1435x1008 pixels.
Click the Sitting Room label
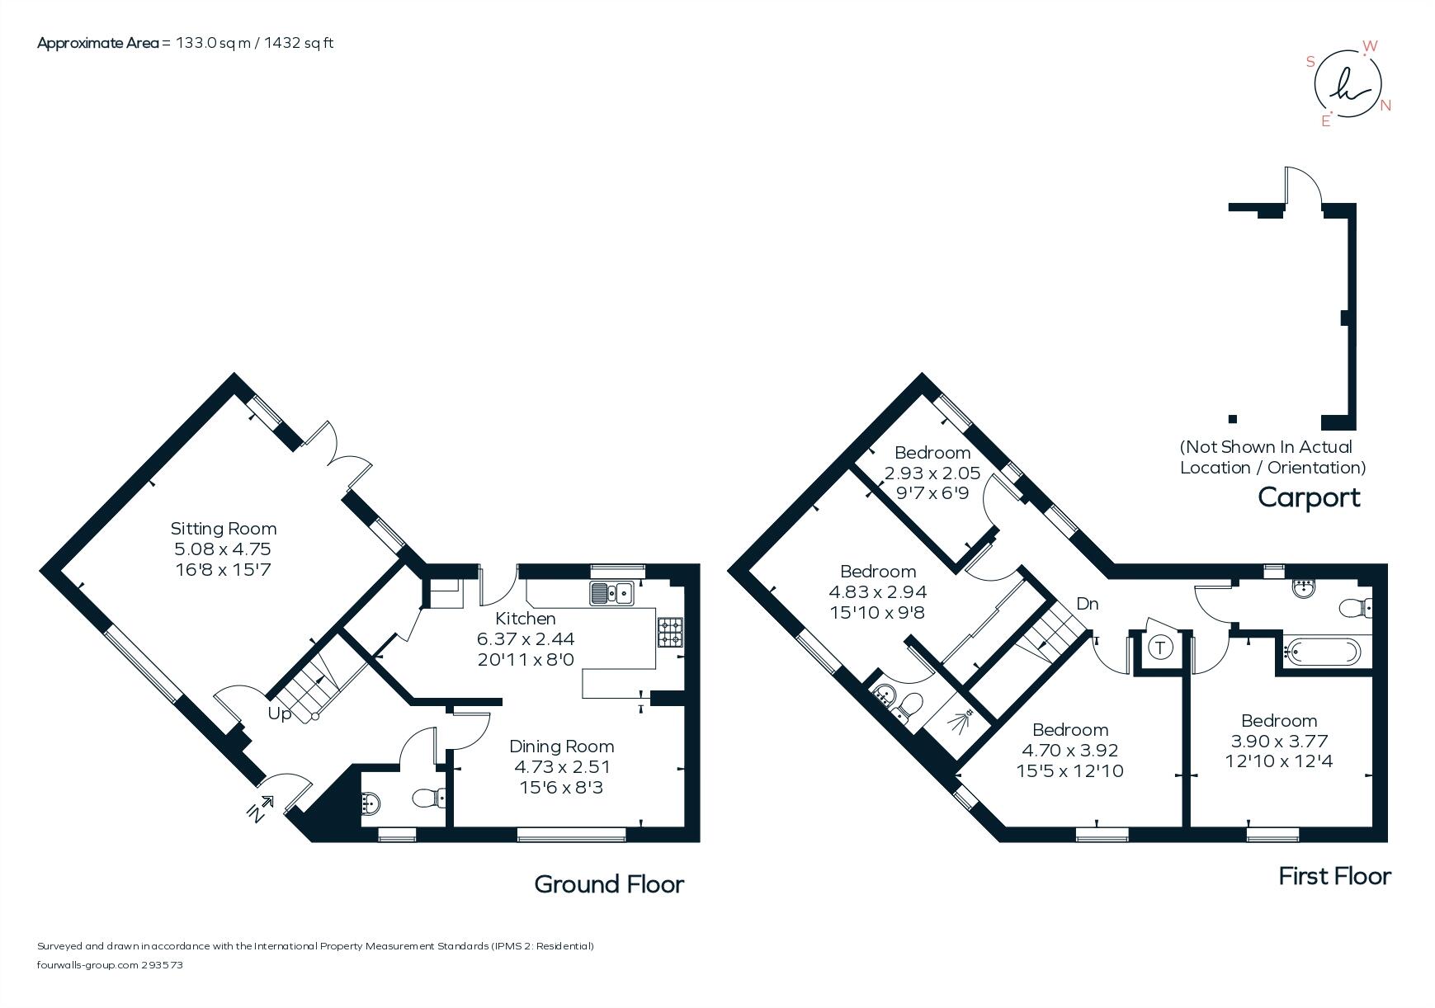coord(223,529)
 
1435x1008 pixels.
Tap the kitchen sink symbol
coord(611,593)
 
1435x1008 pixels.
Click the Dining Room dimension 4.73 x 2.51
coord(562,767)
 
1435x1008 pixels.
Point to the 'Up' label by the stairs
coord(279,714)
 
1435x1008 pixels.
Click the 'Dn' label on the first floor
coord(1087,604)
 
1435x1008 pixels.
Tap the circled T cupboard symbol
coord(1160,648)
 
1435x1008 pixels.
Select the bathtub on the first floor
coord(1320,653)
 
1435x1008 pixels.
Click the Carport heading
coord(1309,497)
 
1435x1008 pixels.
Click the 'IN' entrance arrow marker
coord(261,808)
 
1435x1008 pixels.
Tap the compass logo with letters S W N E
coord(1347,86)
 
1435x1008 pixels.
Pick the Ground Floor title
coord(609,884)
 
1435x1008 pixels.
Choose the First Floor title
coord(1334,876)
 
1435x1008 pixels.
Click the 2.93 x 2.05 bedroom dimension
coord(932,473)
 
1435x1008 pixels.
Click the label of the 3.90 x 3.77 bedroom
coord(1279,720)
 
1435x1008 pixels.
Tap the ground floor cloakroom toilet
coord(427,798)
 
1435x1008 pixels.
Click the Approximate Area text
coord(185,43)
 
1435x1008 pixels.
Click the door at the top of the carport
coord(1302,186)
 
